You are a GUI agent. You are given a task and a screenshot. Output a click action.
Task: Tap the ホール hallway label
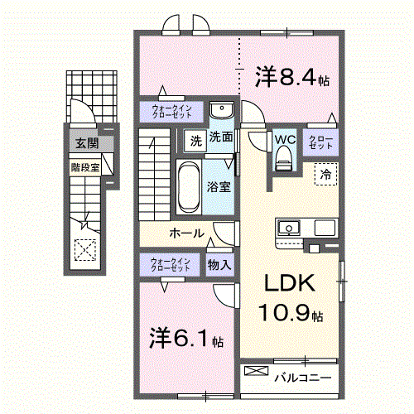tap(187, 233)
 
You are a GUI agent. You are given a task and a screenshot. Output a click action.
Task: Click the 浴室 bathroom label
tap(219, 187)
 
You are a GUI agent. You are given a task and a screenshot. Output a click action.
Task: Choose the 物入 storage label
tap(219, 265)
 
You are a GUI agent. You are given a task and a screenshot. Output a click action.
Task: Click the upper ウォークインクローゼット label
tap(171, 110)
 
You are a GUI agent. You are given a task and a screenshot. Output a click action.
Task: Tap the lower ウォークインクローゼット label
tap(171, 265)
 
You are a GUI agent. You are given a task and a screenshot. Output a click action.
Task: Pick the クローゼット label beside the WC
tap(320, 141)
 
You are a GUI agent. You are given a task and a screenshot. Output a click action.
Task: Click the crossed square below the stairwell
tap(84, 249)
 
